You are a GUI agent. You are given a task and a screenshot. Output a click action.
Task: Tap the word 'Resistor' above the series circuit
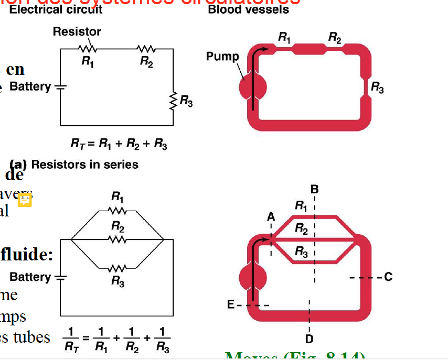77,32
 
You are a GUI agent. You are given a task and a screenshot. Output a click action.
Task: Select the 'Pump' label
222,57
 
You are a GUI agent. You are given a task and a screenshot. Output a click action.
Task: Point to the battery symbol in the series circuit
60,87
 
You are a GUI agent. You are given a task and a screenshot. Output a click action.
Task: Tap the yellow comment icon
25,200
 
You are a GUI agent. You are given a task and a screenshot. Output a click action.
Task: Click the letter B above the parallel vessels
314,189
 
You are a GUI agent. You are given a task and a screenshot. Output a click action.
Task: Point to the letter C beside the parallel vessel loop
388,277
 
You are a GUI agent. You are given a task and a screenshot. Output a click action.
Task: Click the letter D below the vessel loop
310,337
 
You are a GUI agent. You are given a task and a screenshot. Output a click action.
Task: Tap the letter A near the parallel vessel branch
271,216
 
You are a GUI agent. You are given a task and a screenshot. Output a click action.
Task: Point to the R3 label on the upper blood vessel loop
377,88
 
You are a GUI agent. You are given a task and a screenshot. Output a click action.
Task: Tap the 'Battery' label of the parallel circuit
30,277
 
